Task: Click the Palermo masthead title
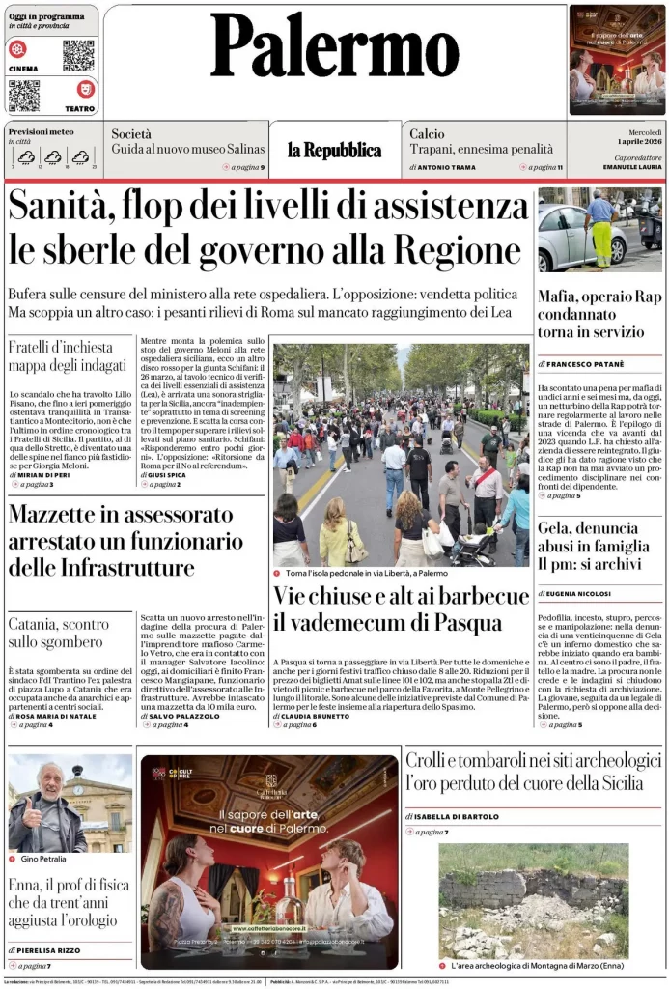(334, 45)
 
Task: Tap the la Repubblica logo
(334, 150)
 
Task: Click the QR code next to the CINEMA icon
(78, 55)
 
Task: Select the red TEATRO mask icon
(86, 89)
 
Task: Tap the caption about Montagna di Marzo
(537, 965)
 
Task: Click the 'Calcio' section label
(427, 134)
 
